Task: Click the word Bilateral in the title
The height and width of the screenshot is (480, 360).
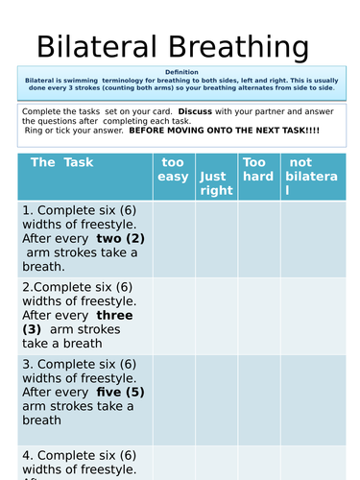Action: point(97,47)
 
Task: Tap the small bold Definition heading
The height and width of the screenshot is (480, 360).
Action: point(181,72)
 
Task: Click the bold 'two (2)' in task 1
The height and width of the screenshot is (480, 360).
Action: point(120,238)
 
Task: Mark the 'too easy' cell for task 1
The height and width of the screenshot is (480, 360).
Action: point(173,239)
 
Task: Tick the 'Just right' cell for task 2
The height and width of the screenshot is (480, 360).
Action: point(215,315)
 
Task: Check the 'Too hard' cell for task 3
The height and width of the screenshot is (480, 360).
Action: point(258,392)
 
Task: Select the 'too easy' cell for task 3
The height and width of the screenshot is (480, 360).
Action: point(173,392)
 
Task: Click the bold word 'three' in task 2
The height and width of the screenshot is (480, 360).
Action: point(115,315)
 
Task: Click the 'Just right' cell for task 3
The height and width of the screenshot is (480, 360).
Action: point(215,392)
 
